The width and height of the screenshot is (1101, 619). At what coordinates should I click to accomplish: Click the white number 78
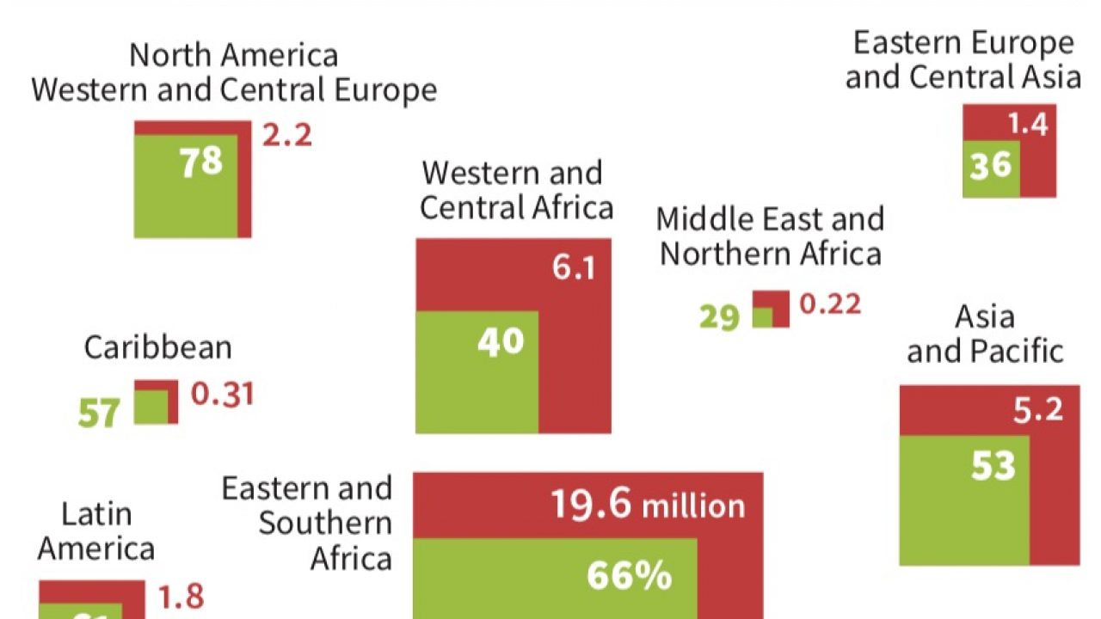[x=200, y=162]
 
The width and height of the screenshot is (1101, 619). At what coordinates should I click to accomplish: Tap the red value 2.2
[x=286, y=135]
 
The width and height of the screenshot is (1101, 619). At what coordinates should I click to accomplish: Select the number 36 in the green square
[x=990, y=165]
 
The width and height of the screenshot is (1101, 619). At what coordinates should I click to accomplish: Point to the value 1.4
[x=1028, y=126]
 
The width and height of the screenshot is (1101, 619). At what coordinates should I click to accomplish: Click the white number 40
[x=501, y=341]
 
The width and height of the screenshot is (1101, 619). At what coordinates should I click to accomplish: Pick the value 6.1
[x=574, y=268]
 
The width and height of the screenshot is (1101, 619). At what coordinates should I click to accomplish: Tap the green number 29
[x=719, y=316]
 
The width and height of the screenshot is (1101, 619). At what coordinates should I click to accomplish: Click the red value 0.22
[x=830, y=304]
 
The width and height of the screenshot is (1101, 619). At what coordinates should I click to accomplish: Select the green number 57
[x=99, y=414]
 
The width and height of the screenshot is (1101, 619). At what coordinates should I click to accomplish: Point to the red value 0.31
[x=222, y=394]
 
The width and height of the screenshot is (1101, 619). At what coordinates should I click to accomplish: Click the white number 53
[x=993, y=465]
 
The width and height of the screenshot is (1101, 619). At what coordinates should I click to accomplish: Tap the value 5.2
[x=1037, y=410]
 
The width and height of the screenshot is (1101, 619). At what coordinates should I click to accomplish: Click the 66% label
[x=629, y=576]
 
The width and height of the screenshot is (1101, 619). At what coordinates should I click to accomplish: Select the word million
[x=693, y=506]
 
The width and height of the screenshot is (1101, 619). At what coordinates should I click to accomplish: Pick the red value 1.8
[x=181, y=596]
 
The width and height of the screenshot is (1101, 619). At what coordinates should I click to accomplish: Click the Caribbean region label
[x=158, y=347]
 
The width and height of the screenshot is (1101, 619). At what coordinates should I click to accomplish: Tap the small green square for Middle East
[x=763, y=316]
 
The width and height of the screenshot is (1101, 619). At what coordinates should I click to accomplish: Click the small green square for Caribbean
[x=151, y=408]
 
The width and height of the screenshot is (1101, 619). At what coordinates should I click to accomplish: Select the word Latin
[x=96, y=514]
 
